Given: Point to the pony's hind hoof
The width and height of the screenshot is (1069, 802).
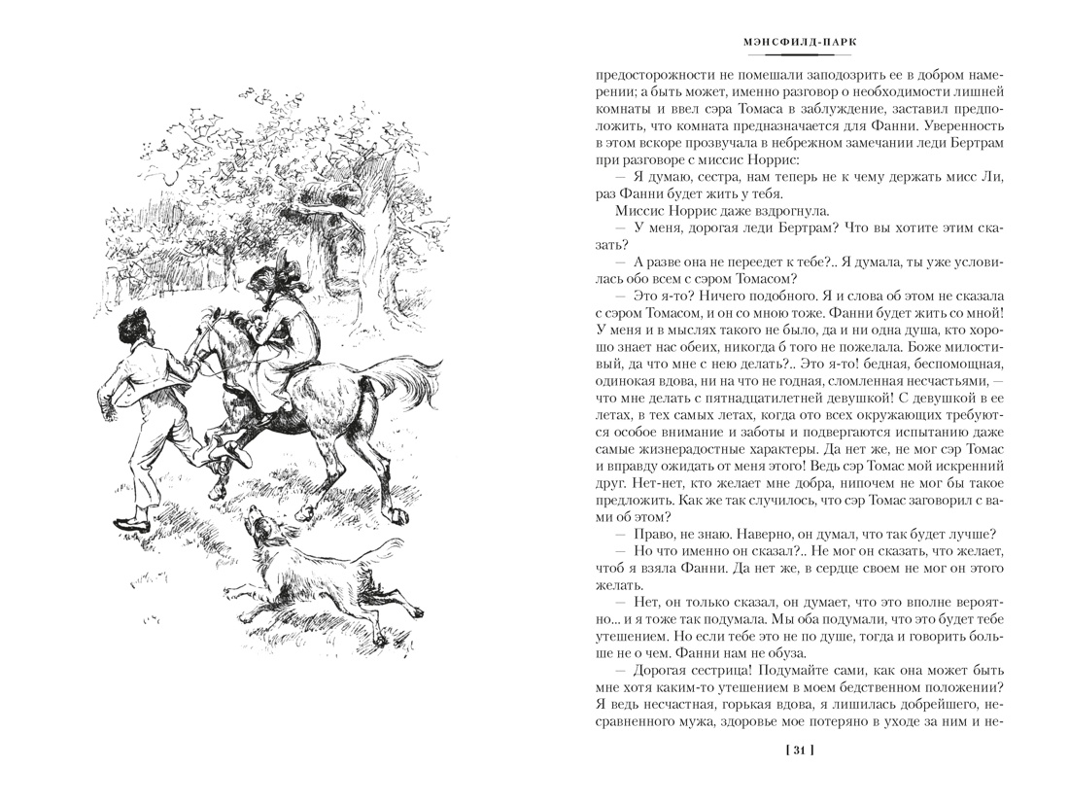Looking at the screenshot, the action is click(x=393, y=509).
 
